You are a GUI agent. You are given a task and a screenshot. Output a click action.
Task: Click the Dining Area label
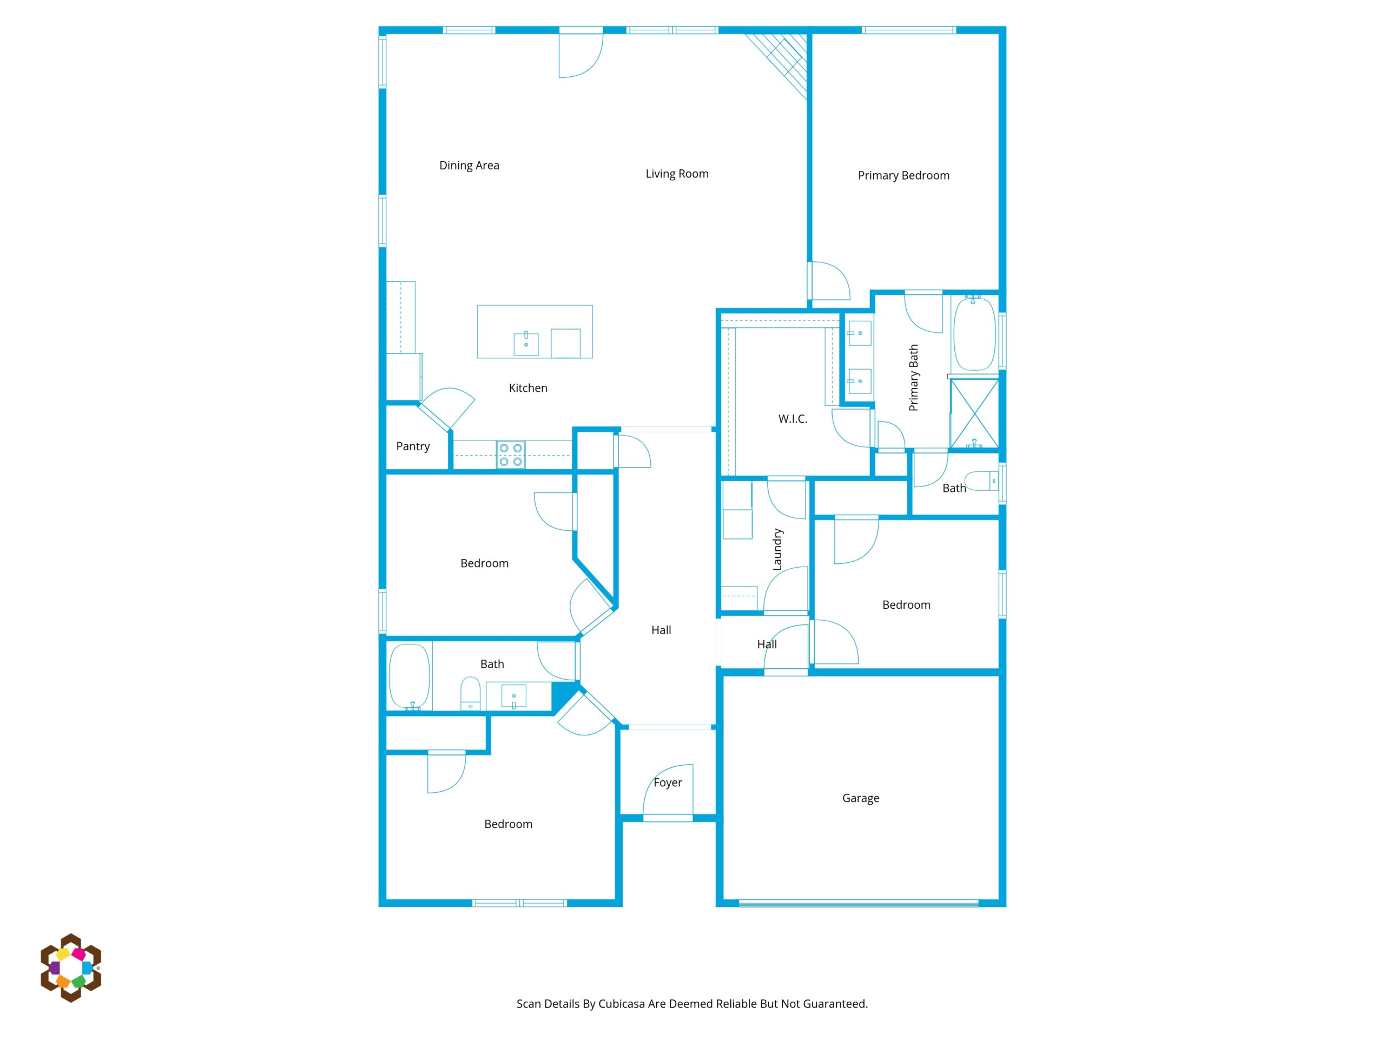click(x=469, y=166)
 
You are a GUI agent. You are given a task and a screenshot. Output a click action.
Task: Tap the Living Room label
click(x=677, y=174)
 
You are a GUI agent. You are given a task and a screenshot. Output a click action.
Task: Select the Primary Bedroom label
click(x=903, y=176)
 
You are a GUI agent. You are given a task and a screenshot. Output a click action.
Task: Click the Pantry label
click(x=413, y=446)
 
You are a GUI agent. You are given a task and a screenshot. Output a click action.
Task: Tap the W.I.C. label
click(x=793, y=419)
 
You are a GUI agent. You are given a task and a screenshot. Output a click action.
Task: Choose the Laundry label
click(x=777, y=549)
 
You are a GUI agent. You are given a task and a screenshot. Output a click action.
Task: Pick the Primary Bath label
click(x=914, y=378)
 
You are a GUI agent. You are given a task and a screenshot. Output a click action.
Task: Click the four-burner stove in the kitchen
click(x=510, y=455)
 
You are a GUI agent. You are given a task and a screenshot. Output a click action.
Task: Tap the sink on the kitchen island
click(x=526, y=344)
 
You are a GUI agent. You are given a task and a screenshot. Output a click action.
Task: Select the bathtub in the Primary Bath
click(x=974, y=334)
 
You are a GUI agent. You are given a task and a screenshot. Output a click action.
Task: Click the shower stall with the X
click(x=974, y=413)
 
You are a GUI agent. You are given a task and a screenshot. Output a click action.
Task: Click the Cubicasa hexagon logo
click(x=71, y=968)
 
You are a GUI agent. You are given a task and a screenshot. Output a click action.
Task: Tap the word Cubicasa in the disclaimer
click(x=621, y=1004)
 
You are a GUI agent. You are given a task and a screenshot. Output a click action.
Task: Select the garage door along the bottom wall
click(x=858, y=903)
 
